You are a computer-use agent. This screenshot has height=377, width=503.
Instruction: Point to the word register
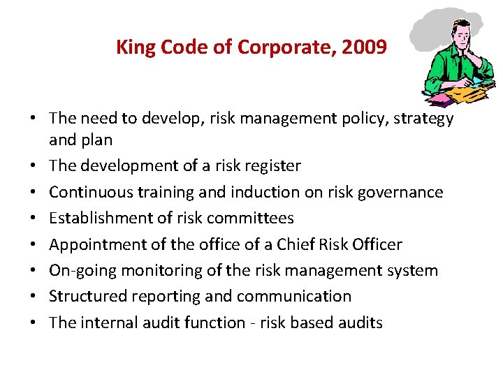click(x=270, y=166)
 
